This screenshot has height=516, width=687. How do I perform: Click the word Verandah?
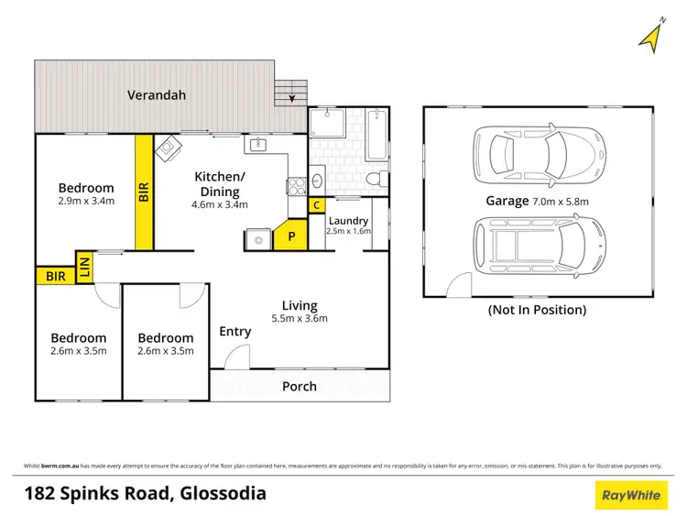[x=152, y=94]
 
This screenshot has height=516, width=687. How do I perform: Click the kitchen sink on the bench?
[x=257, y=144]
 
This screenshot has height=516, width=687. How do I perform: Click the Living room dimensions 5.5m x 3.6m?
[x=300, y=319]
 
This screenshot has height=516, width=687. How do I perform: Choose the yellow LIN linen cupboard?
[x=85, y=266]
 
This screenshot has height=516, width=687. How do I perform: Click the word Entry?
[x=235, y=331]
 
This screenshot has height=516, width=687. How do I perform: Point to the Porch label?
[x=300, y=386]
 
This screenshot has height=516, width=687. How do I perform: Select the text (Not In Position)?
[x=538, y=310]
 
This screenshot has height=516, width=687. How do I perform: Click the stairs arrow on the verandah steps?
[x=292, y=97]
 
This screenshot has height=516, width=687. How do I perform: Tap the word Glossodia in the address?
[x=221, y=494]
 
